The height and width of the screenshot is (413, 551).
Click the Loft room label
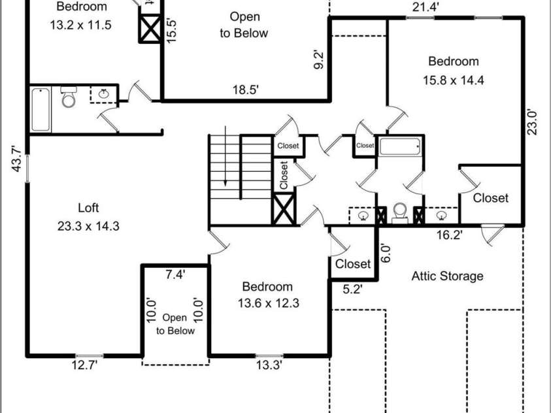[88, 208]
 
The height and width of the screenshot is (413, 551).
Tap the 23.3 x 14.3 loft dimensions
[88, 226]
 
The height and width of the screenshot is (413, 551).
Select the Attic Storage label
[447, 276]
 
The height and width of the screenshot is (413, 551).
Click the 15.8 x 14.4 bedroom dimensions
[454, 80]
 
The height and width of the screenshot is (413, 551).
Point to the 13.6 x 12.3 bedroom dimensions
[269, 303]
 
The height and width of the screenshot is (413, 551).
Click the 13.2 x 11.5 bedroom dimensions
[81, 25]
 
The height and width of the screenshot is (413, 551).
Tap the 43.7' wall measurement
[17, 159]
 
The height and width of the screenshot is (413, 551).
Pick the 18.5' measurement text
[246, 90]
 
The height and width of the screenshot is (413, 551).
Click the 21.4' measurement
[426, 7]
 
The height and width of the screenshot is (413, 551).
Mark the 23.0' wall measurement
[531, 122]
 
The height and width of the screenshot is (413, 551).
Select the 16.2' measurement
[449, 235]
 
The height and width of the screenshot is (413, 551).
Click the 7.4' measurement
[175, 274]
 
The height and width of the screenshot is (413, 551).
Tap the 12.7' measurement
[84, 365]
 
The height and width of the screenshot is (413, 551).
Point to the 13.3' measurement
[269, 365]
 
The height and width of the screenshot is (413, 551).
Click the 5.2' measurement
[352, 289]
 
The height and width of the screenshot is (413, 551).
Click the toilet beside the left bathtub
[69, 97]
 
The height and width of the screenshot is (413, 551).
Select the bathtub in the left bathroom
[41, 110]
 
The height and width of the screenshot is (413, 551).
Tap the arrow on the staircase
[225, 156]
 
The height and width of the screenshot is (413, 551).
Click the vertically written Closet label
[284, 175]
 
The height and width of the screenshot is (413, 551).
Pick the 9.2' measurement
[319, 60]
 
